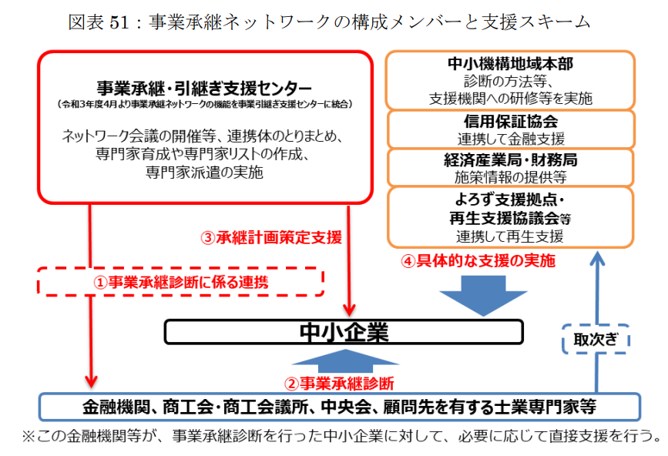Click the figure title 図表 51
[99, 22]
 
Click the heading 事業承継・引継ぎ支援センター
[204, 88]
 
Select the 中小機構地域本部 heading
[510, 63]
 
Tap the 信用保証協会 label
[511, 122]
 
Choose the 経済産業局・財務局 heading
[510, 159]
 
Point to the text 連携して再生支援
[510, 236]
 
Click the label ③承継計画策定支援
[271, 237]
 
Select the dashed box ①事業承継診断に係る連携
[180, 281]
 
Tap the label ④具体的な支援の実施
[478, 260]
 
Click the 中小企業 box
[344, 332]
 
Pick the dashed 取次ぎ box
[596, 339]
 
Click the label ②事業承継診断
[339, 384]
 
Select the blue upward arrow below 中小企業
[345, 361]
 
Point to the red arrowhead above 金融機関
[91, 381]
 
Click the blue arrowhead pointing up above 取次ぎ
[597, 258]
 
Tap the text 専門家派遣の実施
[204, 173]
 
